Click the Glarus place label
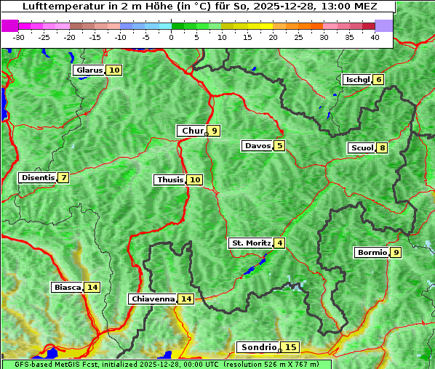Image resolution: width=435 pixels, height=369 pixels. pos(89,70)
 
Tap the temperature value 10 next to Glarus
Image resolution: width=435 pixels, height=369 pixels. pos(114,70)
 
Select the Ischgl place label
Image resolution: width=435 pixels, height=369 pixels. pos(357,80)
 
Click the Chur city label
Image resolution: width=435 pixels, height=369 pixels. pos(192,131)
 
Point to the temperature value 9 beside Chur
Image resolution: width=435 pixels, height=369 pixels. pos(214,131)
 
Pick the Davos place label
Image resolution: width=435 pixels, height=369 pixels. pos(258,146)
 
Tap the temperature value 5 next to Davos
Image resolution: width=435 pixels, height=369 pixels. pos(279,146)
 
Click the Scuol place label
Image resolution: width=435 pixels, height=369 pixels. pos(362,148)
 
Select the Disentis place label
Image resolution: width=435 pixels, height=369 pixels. pos(38,178)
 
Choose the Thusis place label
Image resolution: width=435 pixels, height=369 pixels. pos(170,180)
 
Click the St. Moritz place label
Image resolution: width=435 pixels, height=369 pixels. pos(250,243)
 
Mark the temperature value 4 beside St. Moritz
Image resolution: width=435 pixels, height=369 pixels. pos(279,243)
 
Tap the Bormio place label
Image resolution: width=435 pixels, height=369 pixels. pos(371,253)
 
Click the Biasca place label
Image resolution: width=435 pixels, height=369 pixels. pos(67,288)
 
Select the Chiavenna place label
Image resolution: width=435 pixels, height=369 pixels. pos(153,299)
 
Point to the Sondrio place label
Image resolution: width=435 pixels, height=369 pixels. pos(258,347)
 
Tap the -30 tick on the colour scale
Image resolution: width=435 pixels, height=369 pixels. pos(19,37)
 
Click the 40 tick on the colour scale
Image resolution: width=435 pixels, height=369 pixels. pos(375,37)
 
